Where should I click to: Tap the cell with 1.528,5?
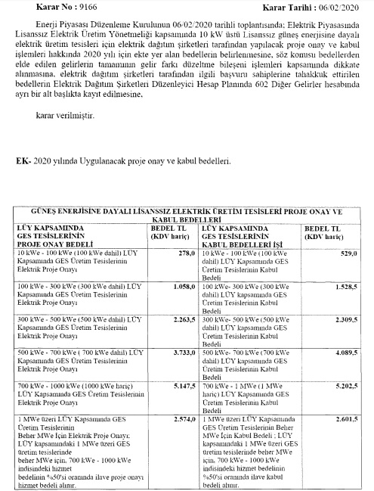pos(344,288)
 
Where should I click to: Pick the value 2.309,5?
pos(344,319)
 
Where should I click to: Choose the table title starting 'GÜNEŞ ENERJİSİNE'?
pos(185,212)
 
